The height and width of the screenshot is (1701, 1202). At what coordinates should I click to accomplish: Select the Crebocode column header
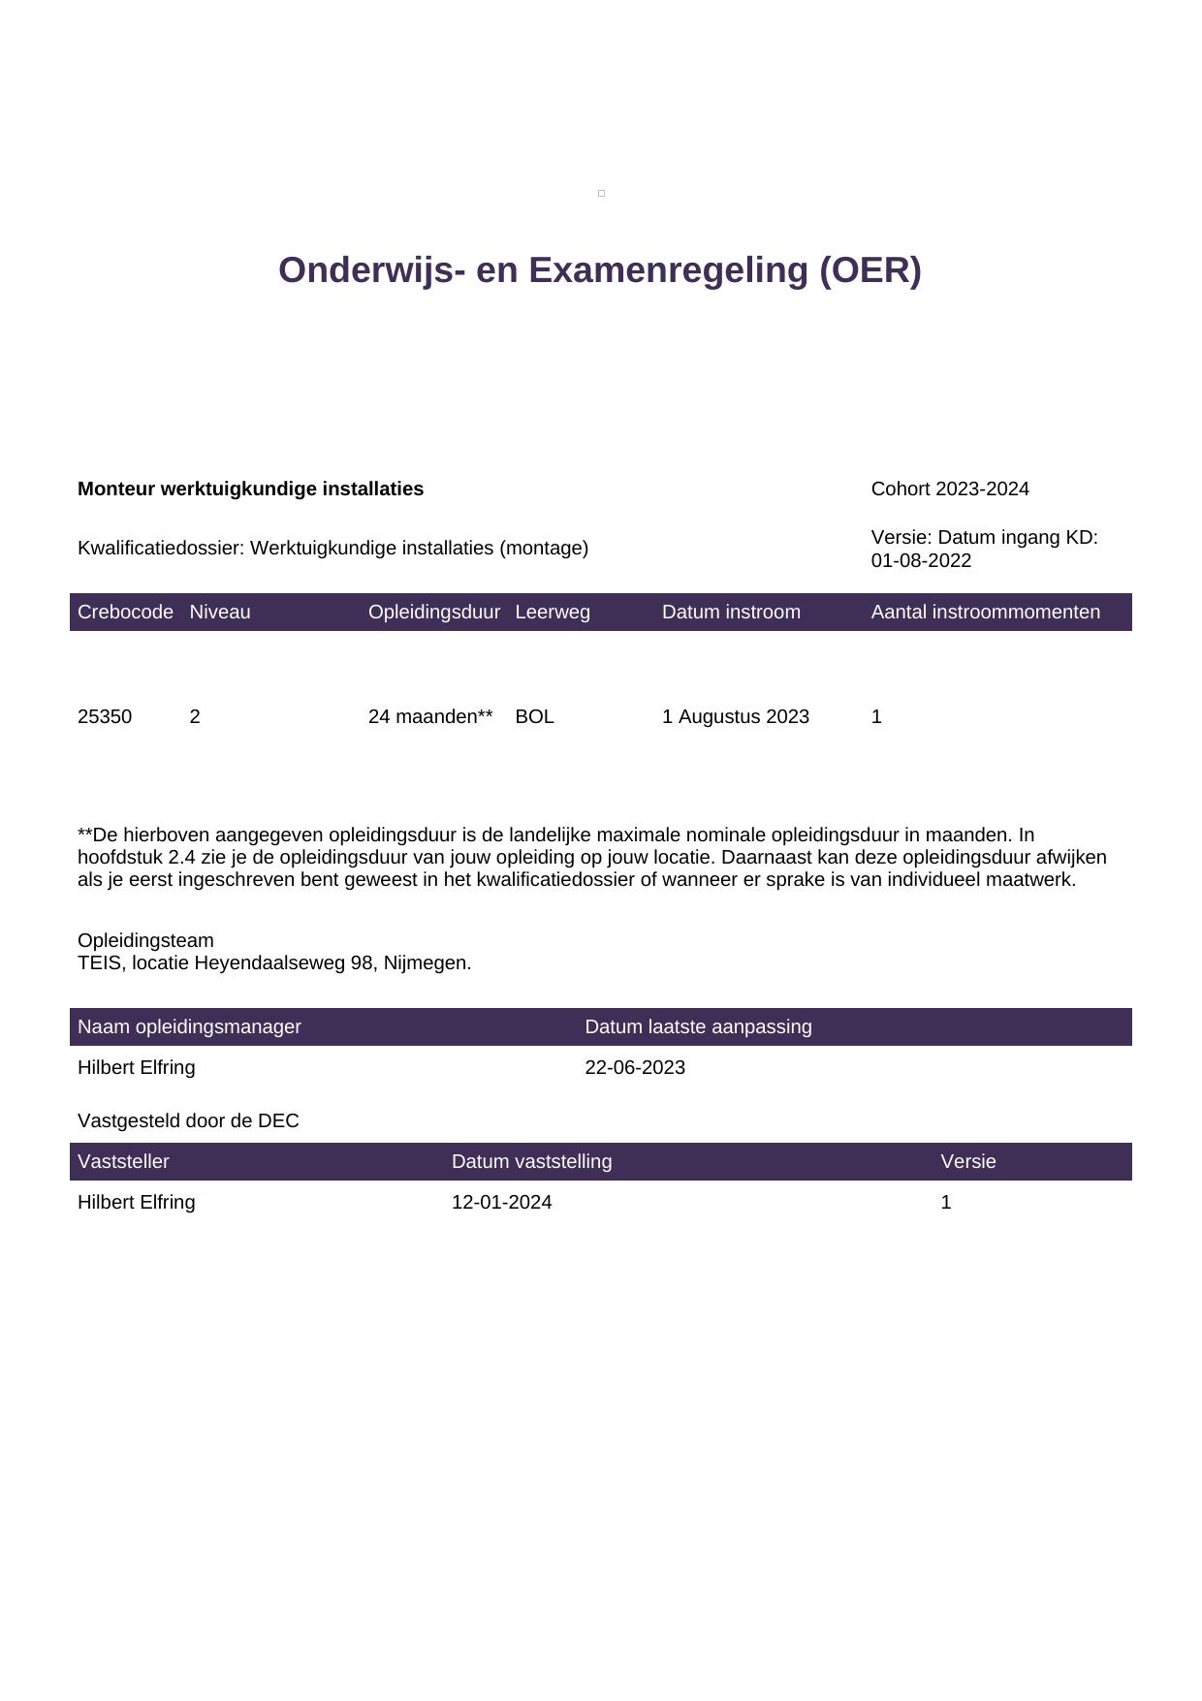(125, 613)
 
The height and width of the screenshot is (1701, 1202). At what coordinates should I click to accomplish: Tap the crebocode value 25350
(105, 717)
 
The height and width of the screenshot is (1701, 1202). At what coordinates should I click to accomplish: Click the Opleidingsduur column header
(433, 613)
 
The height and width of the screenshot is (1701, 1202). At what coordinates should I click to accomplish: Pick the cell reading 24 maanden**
(430, 717)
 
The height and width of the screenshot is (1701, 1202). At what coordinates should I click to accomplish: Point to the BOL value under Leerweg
(534, 717)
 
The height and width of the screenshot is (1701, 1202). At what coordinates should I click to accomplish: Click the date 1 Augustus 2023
(735, 717)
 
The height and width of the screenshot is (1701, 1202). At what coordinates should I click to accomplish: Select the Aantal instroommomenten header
(985, 613)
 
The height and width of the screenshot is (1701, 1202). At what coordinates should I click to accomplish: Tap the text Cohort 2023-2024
(950, 489)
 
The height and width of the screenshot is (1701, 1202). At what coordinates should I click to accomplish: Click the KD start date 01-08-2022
(921, 561)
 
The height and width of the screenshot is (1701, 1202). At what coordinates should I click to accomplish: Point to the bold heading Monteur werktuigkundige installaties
(250, 489)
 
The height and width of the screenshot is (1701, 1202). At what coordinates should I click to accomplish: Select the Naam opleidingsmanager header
(189, 1027)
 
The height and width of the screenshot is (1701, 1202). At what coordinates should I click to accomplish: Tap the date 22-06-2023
(635, 1068)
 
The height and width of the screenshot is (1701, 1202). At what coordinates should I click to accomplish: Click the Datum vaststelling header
(531, 1162)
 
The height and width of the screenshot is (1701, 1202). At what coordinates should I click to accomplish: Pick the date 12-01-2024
(501, 1203)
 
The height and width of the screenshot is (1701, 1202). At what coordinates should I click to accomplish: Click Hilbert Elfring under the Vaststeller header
(136, 1203)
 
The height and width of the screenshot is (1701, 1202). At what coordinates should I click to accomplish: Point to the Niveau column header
(220, 613)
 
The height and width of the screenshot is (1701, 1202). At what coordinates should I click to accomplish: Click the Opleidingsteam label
(145, 941)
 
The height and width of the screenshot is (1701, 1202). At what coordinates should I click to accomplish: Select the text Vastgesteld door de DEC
(188, 1121)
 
